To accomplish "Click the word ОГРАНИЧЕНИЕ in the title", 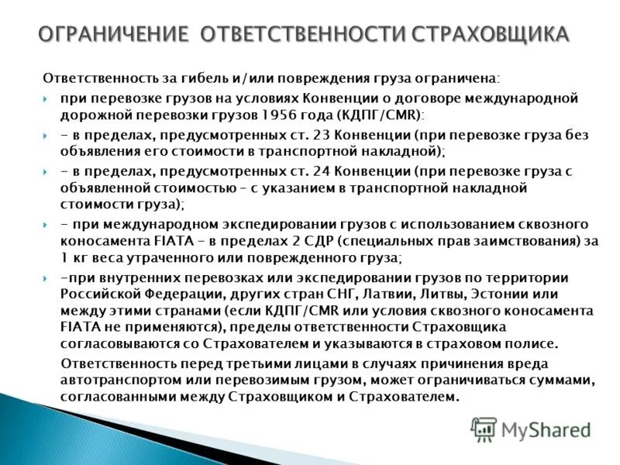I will tap(114, 33).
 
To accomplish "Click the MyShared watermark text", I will tap(546, 429).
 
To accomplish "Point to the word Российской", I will tap(96, 294).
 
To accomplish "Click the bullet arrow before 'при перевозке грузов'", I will tap(46, 99).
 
